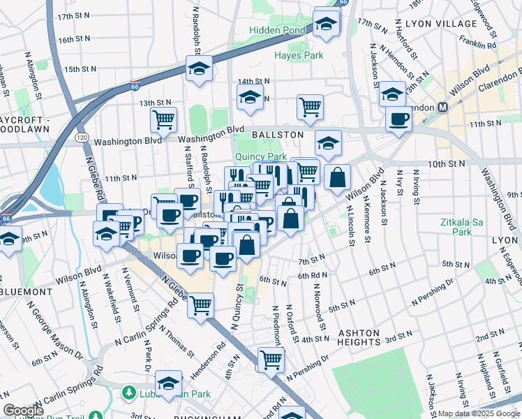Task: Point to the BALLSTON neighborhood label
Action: [278, 134]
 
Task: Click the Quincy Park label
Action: [260, 157]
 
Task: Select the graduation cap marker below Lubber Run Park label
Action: [168, 383]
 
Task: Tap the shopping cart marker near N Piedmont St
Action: [271, 360]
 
